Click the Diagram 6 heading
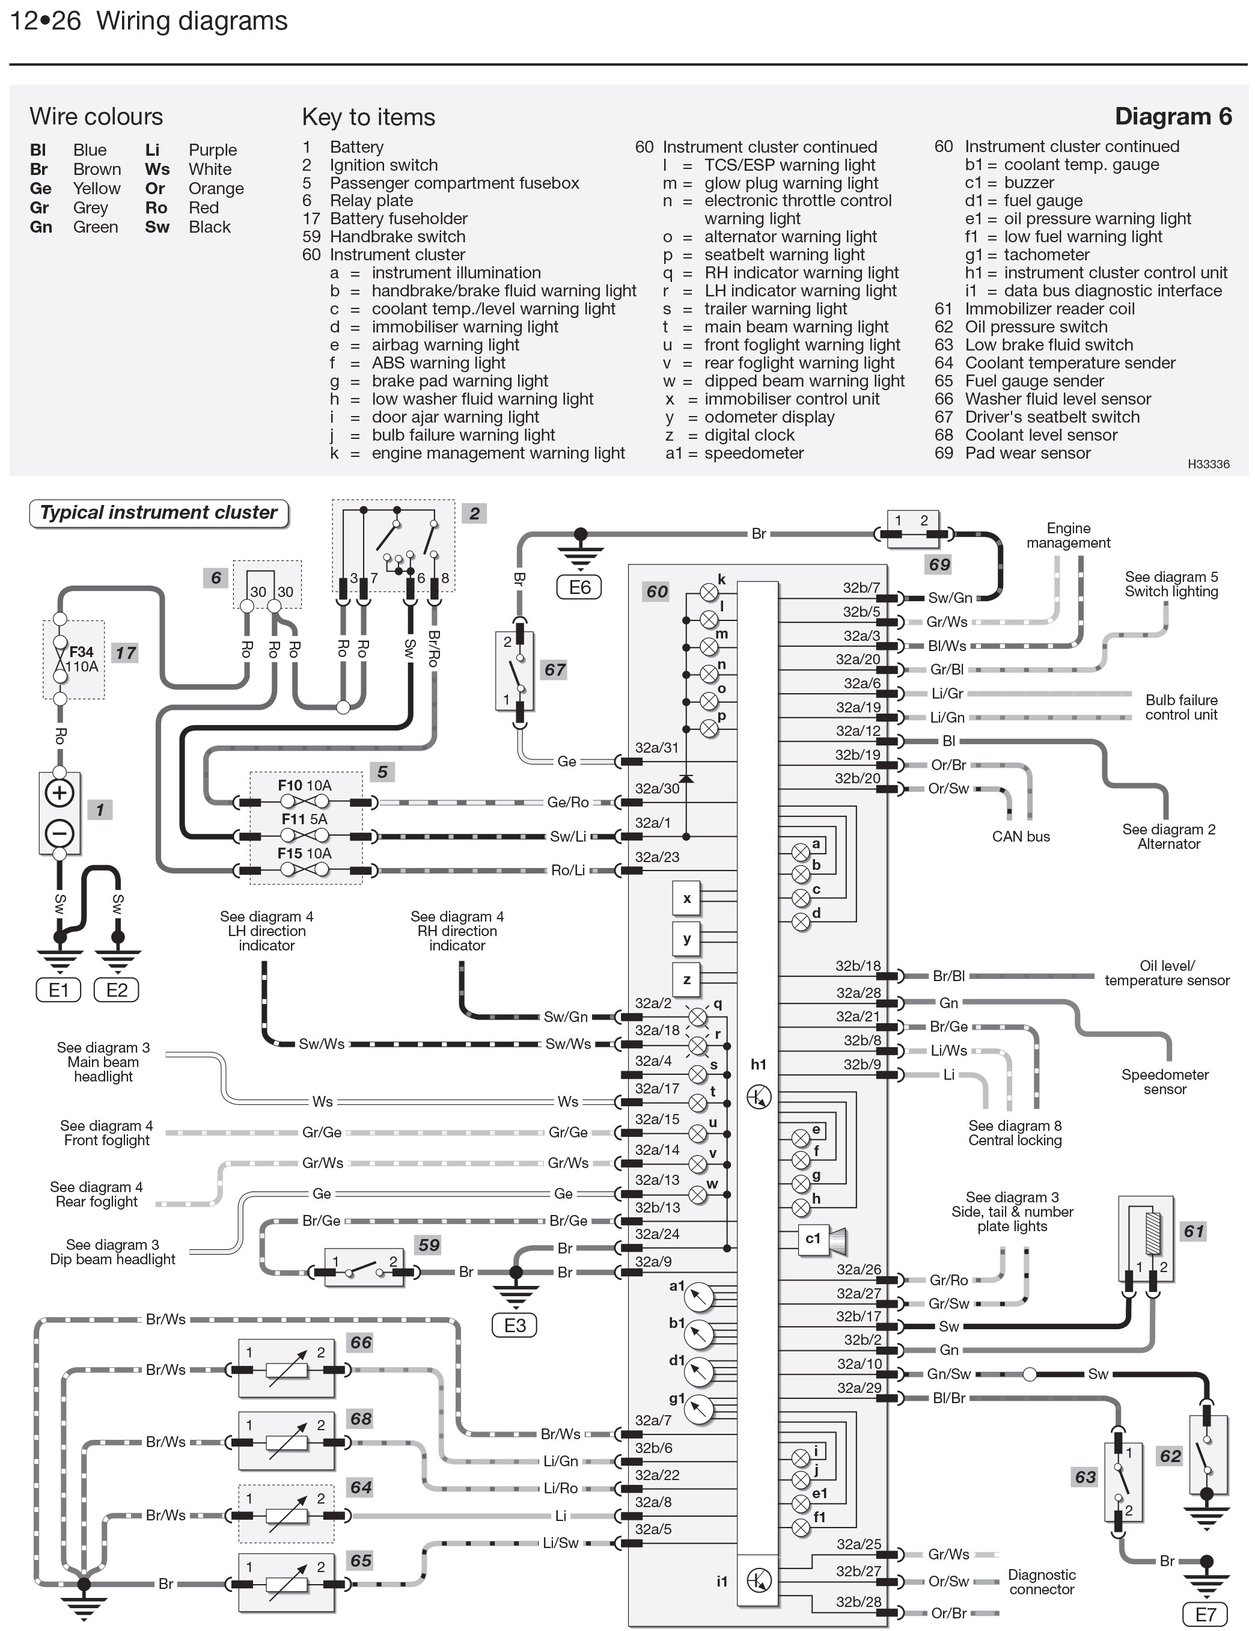point(1172,117)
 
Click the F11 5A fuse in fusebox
point(304,820)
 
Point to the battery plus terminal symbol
point(60,792)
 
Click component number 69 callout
point(938,565)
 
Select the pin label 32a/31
point(656,747)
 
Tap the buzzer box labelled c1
point(813,1238)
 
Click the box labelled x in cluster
point(687,898)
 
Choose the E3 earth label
point(515,1326)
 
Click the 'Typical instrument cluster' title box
point(158,513)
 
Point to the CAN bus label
point(1020,836)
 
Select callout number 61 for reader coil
point(1193,1231)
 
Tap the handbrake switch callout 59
point(429,1245)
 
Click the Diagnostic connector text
point(1041,1582)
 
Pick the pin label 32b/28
point(858,1602)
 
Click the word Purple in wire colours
point(212,150)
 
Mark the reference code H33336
point(1208,464)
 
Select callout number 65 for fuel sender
point(361,1561)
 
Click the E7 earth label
point(1205,1615)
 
